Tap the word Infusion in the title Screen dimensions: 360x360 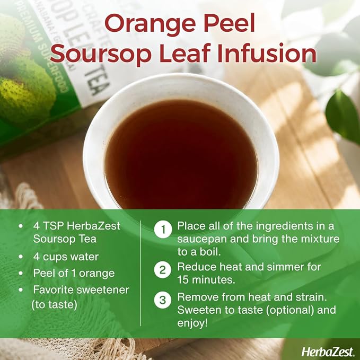267,54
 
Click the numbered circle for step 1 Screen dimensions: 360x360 163,229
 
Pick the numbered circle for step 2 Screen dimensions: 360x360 163,270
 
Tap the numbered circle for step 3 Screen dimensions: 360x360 163,300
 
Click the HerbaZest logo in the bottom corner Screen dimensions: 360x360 328,352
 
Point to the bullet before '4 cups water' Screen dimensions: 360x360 21,257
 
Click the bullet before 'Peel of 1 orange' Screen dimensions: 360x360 21,273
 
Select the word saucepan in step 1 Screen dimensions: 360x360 201,240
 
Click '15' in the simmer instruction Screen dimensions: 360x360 183,279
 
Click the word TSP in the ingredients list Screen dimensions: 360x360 54,226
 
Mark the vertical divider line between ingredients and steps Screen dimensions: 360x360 141,273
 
